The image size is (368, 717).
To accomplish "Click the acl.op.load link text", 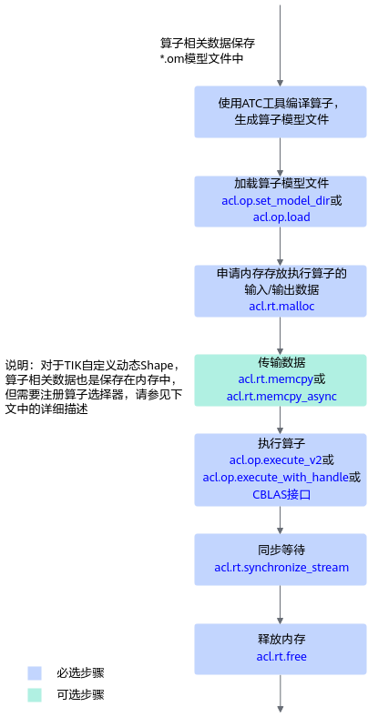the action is (x=281, y=217).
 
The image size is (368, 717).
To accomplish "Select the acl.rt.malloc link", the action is (x=281, y=306).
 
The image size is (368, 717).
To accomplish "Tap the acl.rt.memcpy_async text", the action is (x=281, y=396).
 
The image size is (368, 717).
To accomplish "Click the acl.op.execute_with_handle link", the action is (x=276, y=478).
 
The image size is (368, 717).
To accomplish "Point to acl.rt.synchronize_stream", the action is (x=281, y=568).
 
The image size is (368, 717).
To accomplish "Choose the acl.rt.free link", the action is (x=281, y=657).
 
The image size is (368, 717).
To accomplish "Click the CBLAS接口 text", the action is (x=281, y=494).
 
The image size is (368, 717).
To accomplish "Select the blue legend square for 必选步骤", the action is (x=35, y=672).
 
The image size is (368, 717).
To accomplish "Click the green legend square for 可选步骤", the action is (x=35, y=695).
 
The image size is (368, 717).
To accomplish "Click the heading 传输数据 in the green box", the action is (x=281, y=363).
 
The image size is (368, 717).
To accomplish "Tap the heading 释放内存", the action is (x=281, y=639).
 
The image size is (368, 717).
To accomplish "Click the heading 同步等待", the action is (x=281, y=550).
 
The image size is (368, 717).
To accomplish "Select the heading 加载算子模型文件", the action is (x=281, y=184).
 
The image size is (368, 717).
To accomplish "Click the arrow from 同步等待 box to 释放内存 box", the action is (x=281, y=604).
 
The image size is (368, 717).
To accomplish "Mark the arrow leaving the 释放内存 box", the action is (x=281, y=693).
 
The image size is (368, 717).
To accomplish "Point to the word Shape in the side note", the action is (x=156, y=366).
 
